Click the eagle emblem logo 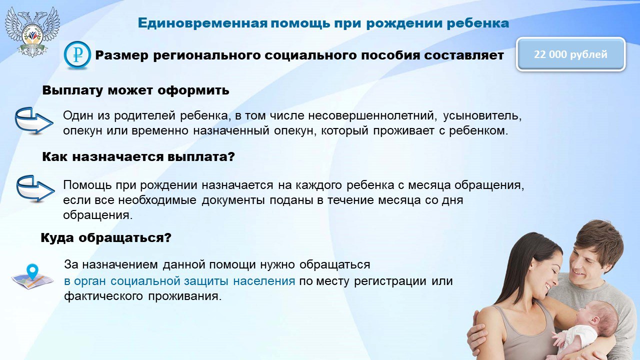point(32,31)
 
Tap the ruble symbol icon point(77,55)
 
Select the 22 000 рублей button point(570,54)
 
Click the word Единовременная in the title point(202,23)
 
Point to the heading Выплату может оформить point(135,90)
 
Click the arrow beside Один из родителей point(33,120)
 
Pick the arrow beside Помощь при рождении point(35,188)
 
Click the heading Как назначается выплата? point(138,157)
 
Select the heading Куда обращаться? point(106,237)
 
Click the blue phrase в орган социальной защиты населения point(179,281)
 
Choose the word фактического point(103,296)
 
